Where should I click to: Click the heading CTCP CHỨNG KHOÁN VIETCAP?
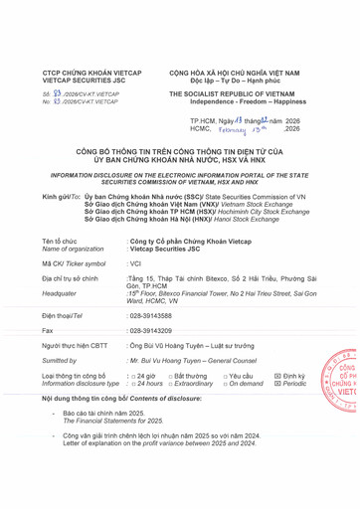click(x=82, y=73)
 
